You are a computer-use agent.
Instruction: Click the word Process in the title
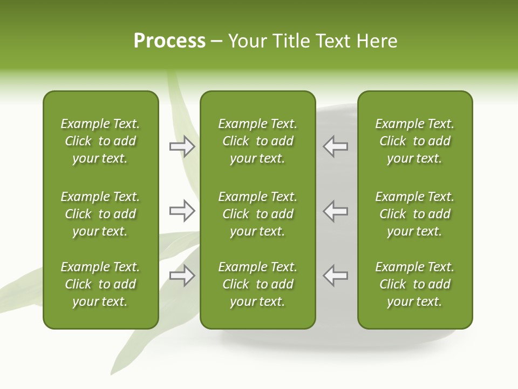[x=169, y=41]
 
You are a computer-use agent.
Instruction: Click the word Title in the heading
[x=290, y=41]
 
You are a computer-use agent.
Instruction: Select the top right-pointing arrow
[x=182, y=146]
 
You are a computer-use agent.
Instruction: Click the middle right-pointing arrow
[x=182, y=211]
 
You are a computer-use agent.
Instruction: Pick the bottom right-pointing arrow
[x=182, y=276]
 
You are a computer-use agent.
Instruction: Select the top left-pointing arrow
[x=336, y=146]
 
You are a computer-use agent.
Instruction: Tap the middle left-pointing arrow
[x=336, y=211]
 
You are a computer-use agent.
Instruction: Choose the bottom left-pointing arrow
[x=336, y=276]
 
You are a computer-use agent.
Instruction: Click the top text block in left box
[x=100, y=141]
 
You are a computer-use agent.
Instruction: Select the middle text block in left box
[x=100, y=214]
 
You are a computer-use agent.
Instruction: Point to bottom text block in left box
[x=100, y=284]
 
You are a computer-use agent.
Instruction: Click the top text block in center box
[x=257, y=141]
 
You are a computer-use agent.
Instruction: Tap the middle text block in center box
[x=257, y=214]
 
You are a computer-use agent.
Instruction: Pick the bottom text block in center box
[x=257, y=284]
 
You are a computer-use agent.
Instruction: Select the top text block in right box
[x=414, y=141]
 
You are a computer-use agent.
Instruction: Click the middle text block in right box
[x=414, y=214]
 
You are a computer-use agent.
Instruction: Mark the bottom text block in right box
[x=414, y=284]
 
